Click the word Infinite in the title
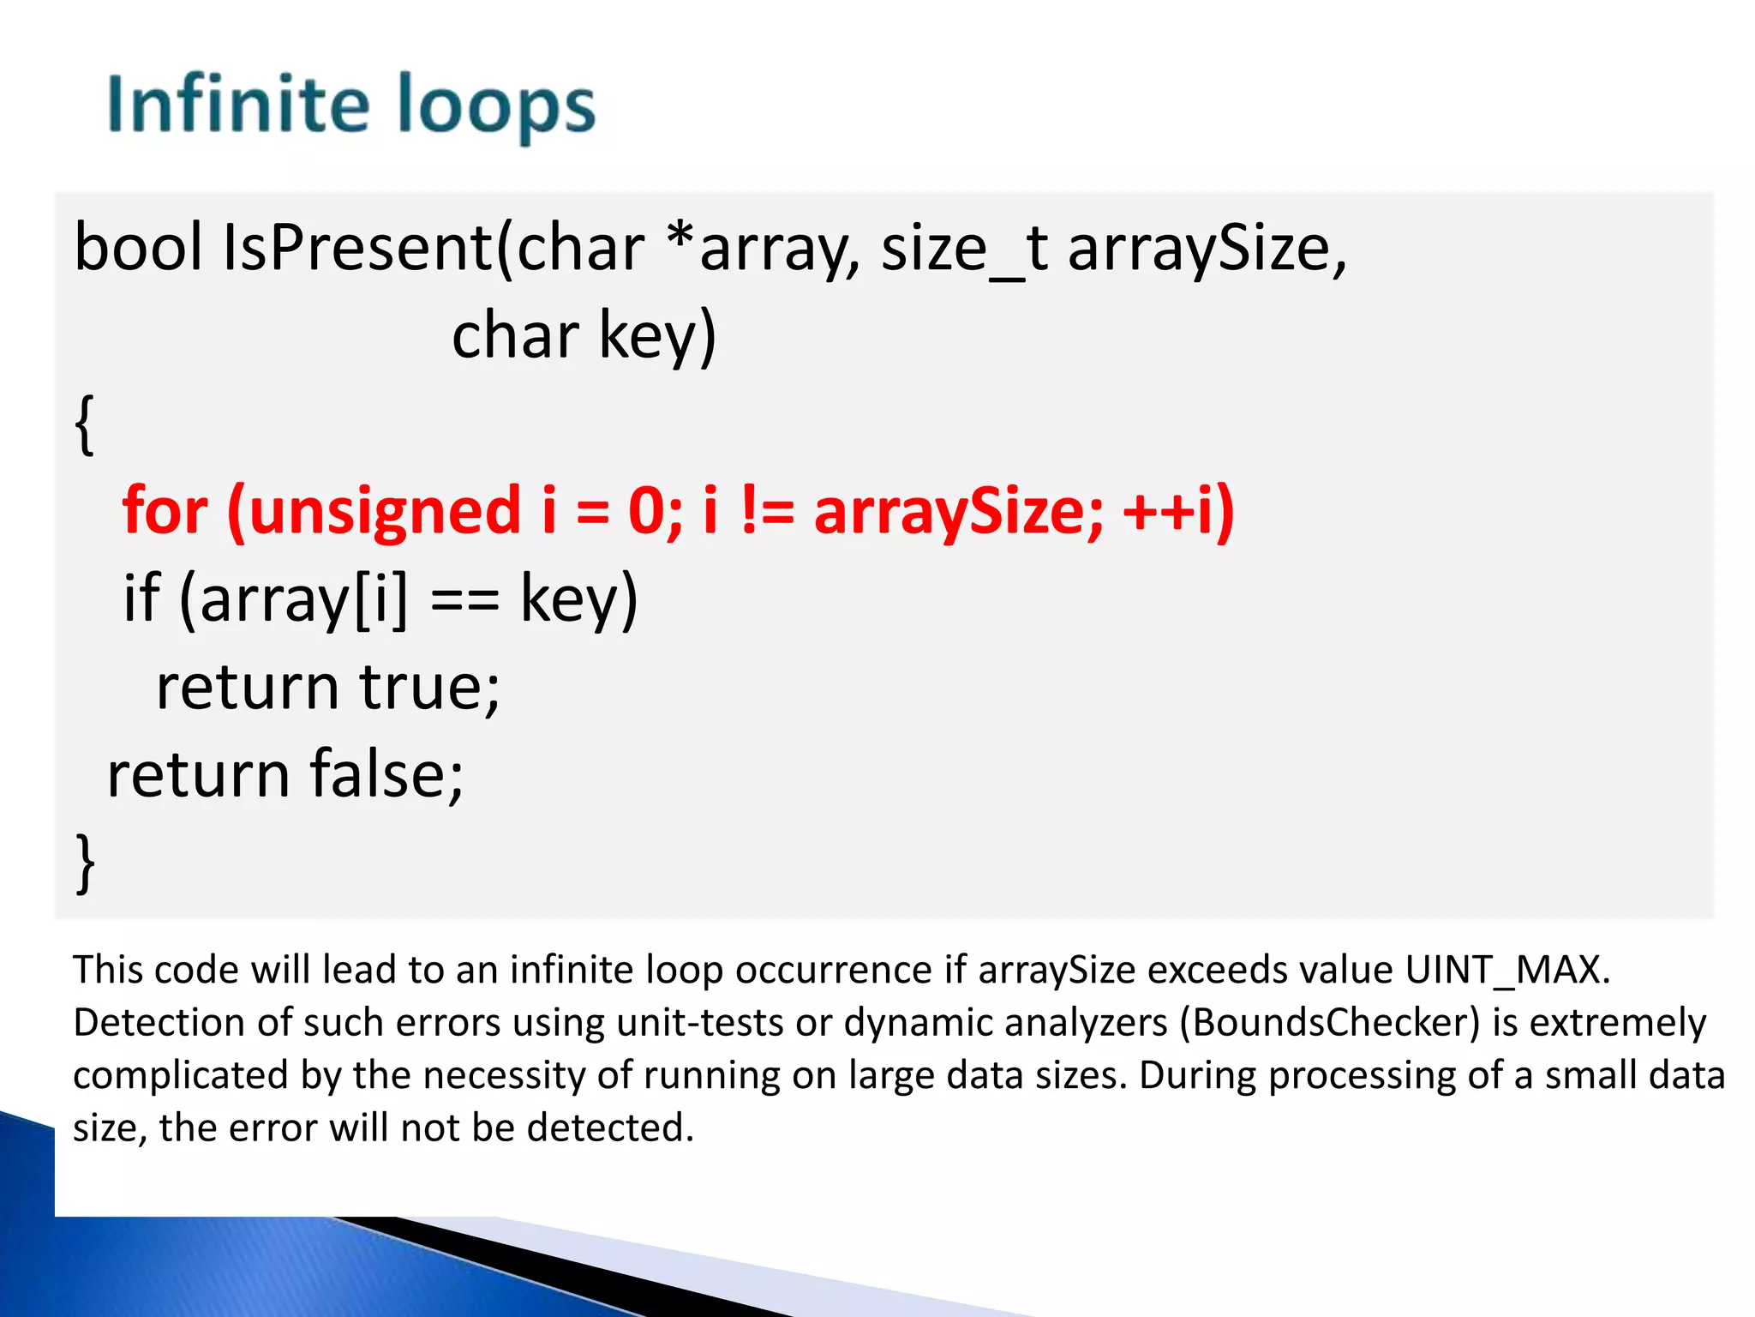(237, 105)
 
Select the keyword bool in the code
(138, 247)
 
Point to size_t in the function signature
(964, 249)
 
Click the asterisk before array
(681, 237)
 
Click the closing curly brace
(85, 863)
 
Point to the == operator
(464, 599)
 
